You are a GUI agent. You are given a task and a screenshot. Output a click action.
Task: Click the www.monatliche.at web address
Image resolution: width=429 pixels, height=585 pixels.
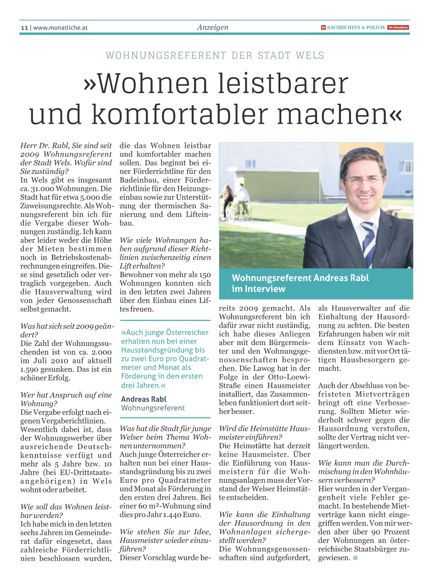(60, 28)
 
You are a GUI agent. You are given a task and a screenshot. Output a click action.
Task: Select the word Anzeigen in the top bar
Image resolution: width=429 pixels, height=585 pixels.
(212, 28)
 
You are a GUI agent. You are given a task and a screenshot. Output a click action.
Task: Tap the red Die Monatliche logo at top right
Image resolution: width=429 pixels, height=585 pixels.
(398, 28)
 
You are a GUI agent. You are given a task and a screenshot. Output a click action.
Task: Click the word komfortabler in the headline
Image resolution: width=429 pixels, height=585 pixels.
(189, 115)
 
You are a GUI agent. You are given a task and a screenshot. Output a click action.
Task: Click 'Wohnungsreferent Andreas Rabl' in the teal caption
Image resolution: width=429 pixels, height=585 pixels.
(300, 278)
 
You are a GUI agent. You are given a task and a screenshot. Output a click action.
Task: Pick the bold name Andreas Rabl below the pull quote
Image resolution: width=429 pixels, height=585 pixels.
(144, 399)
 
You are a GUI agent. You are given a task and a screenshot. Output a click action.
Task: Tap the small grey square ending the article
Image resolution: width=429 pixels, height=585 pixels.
(355, 558)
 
